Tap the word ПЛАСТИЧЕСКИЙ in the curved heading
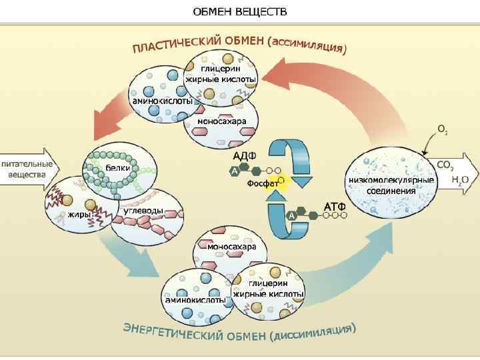(177, 44)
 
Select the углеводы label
(144, 211)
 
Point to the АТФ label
(335, 206)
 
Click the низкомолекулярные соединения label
(391, 185)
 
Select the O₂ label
(441, 128)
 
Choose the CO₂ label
(445, 165)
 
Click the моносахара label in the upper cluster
(222, 122)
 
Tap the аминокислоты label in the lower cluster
(195, 300)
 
